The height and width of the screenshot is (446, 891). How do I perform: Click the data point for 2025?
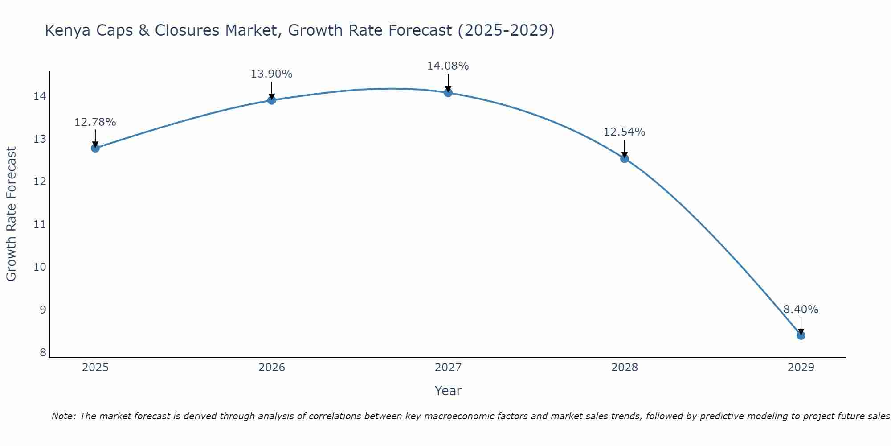[x=95, y=148]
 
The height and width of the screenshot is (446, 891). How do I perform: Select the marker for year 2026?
[x=271, y=100]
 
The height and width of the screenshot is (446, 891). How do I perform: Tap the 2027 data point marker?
[x=448, y=92]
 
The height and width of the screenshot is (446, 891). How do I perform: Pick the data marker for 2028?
[x=624, y=158]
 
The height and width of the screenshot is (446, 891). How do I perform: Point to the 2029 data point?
[x=801, y=335]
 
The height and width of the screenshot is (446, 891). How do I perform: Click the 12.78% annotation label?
[x=95, y=122]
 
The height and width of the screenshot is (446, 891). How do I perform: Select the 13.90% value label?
[x=271, y=74]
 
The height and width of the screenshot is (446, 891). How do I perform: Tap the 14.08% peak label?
[x=448, y=66]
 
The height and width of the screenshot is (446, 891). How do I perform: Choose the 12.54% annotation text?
[x=624, y=132]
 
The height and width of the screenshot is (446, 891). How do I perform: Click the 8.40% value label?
[x=801, y=310]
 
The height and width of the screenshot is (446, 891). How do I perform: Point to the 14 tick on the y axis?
[x=40, y=96]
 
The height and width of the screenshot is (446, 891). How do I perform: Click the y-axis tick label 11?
[x=40, y=224]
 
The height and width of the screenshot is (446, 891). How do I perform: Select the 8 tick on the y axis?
[x=43, y=353]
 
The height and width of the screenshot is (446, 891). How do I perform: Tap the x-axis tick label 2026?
[x=271, y=368]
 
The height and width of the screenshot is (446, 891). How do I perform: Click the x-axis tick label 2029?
[x=801, y=368]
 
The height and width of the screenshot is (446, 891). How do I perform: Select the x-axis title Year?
[x=448, y=391]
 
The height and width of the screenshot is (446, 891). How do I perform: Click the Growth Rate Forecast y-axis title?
[x=11, y=214]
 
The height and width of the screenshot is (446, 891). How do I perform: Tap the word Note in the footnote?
[x=64, y=416]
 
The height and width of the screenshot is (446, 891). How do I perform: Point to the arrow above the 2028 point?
[x=624, y=148]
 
